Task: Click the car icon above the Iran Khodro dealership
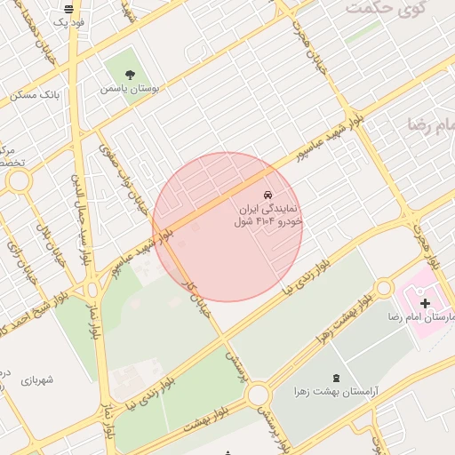[x=267, y=195]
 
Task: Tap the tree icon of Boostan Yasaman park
[x=131, y=76]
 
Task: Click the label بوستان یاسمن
[x=129, y=89]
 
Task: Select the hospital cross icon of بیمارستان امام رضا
[x=425, y=304]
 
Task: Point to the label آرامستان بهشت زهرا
[x=334, y=391]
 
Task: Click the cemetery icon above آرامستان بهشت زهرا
[x=335, y=378]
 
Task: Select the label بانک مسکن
[x=36, y=94]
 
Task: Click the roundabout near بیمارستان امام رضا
[x=384, y=288]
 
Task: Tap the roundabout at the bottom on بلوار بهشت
[x=258, y=394]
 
